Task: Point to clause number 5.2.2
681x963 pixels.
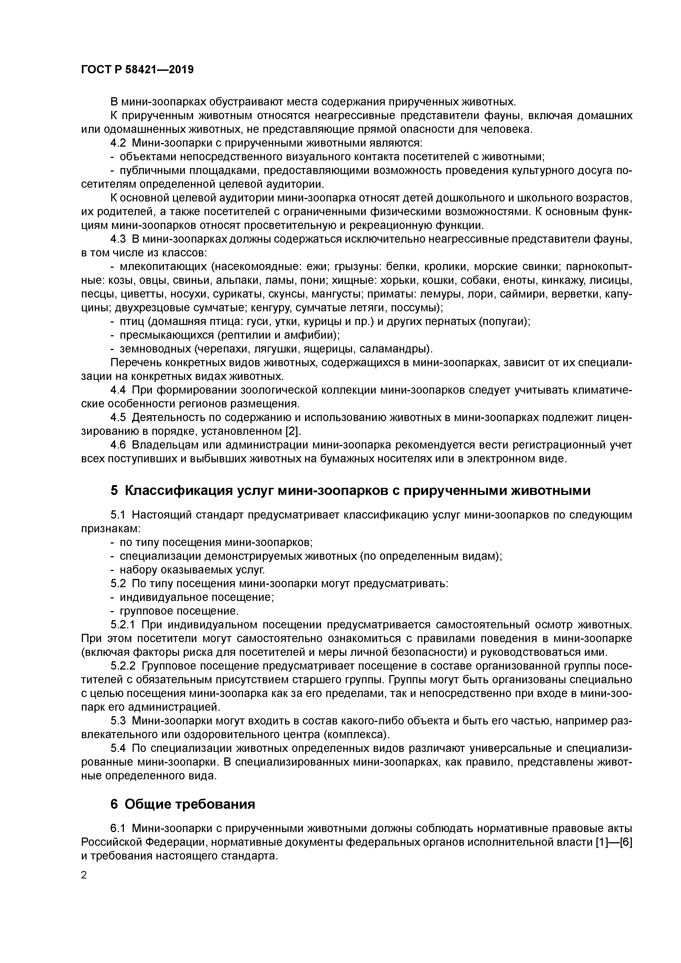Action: tap(122, 666)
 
